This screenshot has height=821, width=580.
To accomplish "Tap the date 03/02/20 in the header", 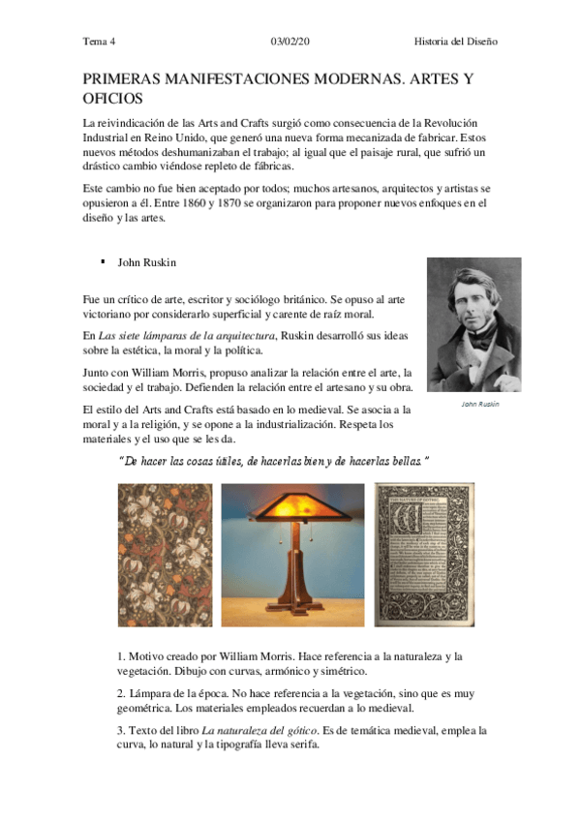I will coord(290,41).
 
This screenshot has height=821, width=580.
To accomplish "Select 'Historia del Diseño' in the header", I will coord(455,41).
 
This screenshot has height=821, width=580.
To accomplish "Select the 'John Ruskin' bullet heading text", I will coord(148,261).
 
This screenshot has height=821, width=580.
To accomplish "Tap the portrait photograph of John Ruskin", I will coord(473,323).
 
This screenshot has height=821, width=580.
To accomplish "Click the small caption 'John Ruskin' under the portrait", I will coord(479,404).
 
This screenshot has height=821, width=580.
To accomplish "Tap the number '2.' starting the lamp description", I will coord(121,693).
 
